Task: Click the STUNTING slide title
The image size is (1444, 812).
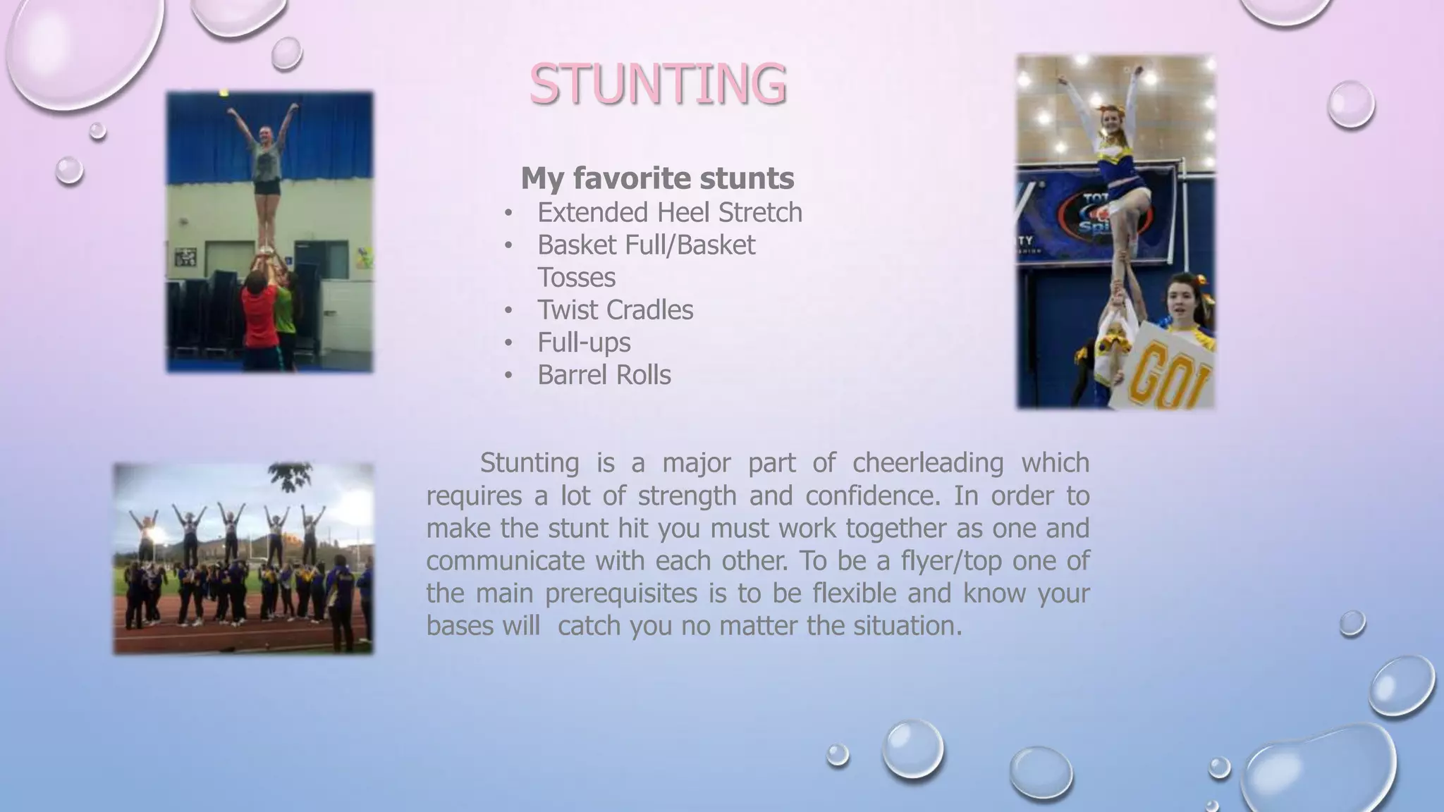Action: click(657, 84)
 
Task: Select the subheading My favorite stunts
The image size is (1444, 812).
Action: click(657, 178)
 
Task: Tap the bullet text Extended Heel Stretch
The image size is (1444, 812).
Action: click(669, 212)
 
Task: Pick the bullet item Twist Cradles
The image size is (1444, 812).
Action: click(615, 310)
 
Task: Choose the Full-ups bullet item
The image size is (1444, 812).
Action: click(584, 343)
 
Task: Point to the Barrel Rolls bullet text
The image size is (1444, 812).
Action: click(604, 375)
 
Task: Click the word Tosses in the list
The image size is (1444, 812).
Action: click(576, 278)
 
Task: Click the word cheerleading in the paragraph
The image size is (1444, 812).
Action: click(927, 463)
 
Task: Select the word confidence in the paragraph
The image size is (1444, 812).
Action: click(872, 496)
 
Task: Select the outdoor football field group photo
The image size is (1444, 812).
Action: click(244, 558)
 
